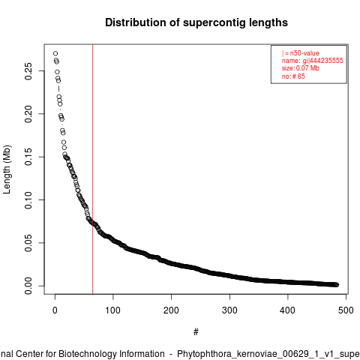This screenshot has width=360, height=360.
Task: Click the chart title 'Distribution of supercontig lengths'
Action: point(196,22)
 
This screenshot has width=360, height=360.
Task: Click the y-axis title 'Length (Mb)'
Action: point(7,169)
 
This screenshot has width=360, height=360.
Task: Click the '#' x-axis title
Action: point(196,332)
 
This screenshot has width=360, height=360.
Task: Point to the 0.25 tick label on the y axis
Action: point(28,71)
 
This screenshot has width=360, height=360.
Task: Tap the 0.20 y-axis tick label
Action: point(28,114)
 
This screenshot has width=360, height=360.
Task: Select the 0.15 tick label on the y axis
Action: point(28,157)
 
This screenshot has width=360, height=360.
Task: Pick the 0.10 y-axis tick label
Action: point(28,200)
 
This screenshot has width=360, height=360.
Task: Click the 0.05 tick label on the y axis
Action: point(28,243)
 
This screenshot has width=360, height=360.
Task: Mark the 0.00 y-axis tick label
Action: point(28,286)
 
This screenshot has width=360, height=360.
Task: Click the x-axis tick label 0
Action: point(55,310)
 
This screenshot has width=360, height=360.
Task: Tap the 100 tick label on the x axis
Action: point(113,310)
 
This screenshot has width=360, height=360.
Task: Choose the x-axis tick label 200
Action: point(171,310)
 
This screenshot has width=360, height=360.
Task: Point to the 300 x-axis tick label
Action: point(229,310)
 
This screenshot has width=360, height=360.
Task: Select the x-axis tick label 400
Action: point(287,310)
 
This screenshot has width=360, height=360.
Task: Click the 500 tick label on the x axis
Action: point(346,310)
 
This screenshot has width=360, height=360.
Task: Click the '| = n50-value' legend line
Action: point(301,53)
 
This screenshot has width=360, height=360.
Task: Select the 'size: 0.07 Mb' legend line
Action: point(301,68)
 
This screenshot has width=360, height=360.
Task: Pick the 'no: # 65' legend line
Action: point(293,76)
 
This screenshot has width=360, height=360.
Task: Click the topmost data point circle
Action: point(55,53)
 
